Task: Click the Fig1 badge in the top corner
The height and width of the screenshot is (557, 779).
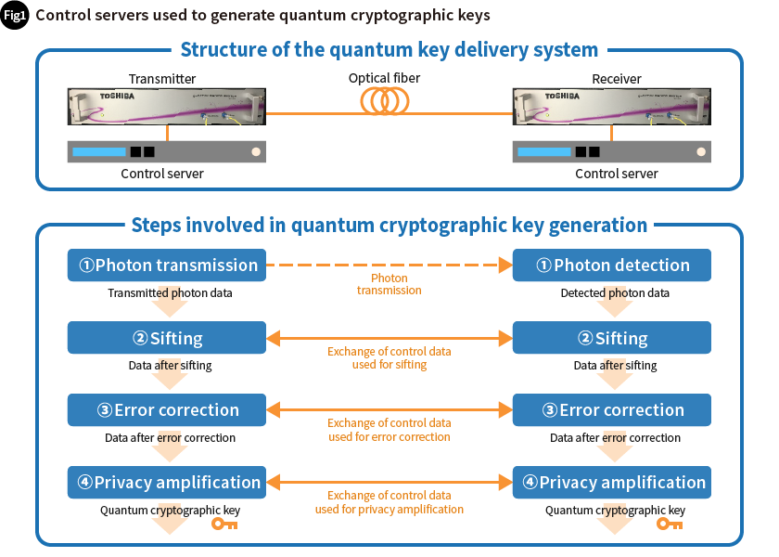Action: [16, 15]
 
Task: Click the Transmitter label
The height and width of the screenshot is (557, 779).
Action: [162, 79]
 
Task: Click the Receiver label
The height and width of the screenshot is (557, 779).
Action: [617, 79]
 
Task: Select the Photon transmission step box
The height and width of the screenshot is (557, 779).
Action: [167, 265]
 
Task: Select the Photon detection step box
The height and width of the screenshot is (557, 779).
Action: [612, 265]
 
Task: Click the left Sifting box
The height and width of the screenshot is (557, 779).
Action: [167, 338]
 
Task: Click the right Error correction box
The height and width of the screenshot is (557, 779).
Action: [612, 410]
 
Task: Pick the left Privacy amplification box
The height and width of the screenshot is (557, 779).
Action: [167, 483]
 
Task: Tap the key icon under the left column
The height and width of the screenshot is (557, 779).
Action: [224, 524]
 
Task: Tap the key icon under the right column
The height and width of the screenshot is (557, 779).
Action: [670, 524]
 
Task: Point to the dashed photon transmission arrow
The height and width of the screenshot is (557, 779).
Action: [389, 265]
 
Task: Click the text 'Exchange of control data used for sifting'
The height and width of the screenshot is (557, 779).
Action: [389, 358]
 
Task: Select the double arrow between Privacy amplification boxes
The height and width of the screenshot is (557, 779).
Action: [389, 483]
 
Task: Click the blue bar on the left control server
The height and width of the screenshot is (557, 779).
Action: [98, 151]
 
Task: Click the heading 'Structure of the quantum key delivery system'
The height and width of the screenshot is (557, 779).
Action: [389, 50]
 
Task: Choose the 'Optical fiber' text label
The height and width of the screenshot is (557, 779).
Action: [384, 78]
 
